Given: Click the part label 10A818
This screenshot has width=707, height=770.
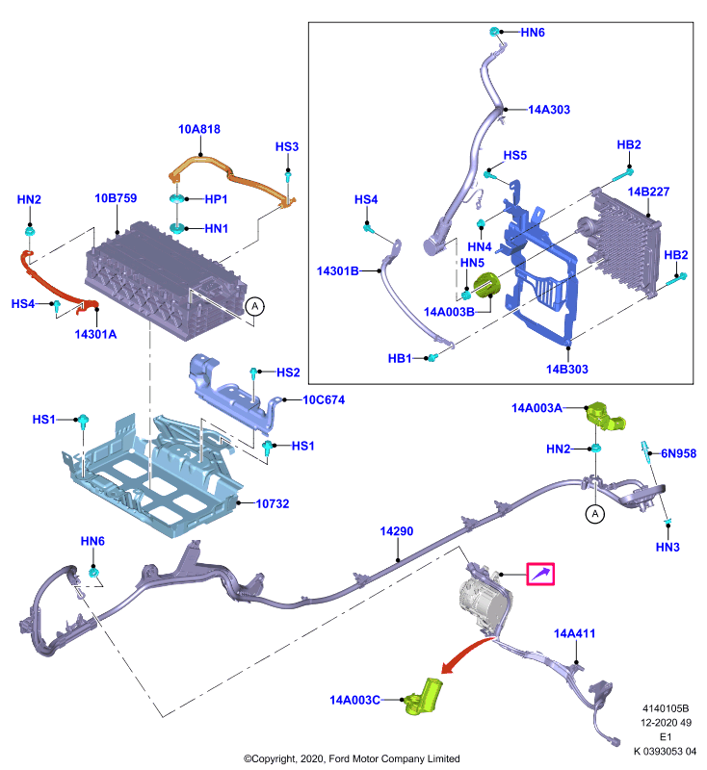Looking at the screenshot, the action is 199,129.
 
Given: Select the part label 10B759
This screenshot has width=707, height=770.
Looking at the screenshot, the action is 116,198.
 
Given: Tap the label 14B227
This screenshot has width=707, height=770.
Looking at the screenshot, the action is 648,192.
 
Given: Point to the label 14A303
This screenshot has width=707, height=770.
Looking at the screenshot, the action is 549,110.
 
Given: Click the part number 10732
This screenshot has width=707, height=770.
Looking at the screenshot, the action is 273,503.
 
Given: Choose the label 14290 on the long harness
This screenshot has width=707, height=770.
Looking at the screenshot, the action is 397,531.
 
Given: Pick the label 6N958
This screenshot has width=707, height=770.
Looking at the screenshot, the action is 678,453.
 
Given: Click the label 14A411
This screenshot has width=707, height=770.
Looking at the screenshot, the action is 574,633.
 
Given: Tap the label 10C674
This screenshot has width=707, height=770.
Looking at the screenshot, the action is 324,399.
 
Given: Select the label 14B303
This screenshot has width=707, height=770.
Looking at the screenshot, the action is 567,369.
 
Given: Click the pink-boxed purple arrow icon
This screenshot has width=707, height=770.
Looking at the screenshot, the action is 540,574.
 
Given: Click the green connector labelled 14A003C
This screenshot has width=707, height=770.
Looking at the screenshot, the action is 423,696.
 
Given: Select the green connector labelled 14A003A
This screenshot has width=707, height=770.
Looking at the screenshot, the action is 605,417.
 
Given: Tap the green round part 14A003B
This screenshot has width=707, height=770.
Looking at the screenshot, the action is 485,285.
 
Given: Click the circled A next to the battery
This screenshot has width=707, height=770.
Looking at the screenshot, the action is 254,306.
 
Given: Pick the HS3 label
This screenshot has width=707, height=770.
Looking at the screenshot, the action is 286,147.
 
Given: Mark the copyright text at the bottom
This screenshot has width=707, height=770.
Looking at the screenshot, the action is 352,758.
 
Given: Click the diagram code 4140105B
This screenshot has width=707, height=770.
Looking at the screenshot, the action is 666,708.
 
